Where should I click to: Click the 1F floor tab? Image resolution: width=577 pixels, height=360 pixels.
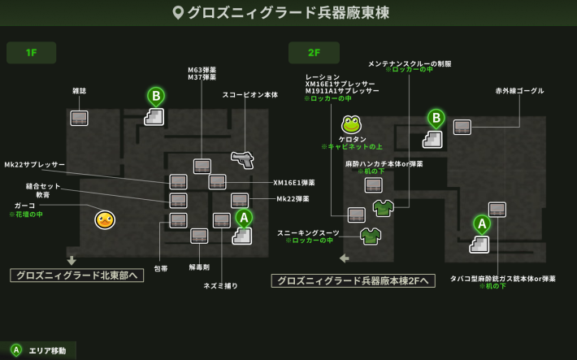pyautogui.click(x=32, y=53)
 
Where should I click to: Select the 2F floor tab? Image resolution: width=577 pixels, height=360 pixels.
pyautogui.click(x=314, y=53)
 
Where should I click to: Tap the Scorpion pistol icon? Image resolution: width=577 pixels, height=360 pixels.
pyautogui.click(x=242, y=160)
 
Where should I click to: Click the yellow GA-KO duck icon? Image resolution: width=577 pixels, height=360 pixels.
pyautogui.click(x=105, y=219)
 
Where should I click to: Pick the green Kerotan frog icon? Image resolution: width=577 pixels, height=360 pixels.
pyautogui.click(x=351, y=125)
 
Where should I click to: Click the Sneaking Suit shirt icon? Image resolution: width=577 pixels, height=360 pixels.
pyautogui.click(x=371, y=236)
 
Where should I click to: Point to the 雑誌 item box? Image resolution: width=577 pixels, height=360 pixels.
pyautogui.click(x=79, y=118)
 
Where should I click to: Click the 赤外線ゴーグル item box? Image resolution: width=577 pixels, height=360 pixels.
pyautogui.click(x=462, y=127)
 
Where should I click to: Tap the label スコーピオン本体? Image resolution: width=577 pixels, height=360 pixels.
pyautogui.click(x=249, y=95)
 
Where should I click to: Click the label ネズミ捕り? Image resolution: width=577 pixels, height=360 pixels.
pyautogui.click(x=220, y=286)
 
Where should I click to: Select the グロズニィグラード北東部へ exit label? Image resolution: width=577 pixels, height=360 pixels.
pyautogui.click(x=77, y=275)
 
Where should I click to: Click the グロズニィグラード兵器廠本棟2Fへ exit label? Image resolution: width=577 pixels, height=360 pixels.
pyautogui.click(x=353, y=281)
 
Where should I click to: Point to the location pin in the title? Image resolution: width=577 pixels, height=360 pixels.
pyautogui.click(x=179, y=12)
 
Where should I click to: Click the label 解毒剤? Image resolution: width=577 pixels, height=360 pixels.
pyautogui.click(x=199, y=267)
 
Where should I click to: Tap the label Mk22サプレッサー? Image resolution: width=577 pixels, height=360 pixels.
pyautogui.click(x=35, y=165)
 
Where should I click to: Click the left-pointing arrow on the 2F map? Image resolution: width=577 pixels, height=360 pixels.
pyautogui.click(x=345, y=258)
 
